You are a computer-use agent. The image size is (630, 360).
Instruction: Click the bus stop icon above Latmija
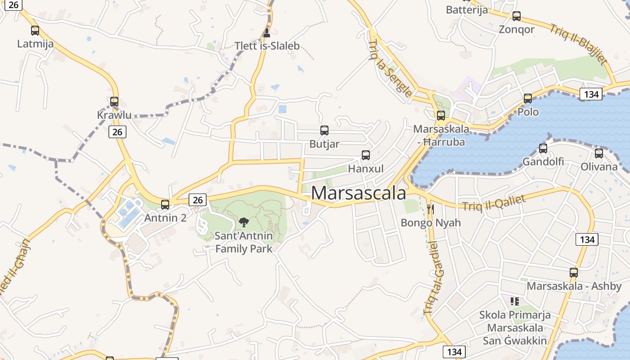pos(35,31)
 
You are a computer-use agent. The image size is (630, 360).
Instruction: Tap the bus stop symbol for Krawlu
pos(114,102)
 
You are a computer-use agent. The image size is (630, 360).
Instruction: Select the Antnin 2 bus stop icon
pos(165,205)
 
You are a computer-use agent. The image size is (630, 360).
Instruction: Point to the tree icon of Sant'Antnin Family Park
pos(243,222)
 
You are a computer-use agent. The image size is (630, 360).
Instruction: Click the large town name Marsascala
pos(358,193)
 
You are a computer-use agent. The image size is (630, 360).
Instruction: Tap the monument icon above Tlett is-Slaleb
pos(267,32)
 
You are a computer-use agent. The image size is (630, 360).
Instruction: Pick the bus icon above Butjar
pos(324,130)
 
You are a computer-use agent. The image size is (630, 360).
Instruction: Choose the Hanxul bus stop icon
pos(366,155)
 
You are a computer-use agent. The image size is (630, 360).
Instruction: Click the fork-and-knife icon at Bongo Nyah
pos(431,209)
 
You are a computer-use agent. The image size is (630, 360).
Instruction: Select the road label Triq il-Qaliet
pos(494,203)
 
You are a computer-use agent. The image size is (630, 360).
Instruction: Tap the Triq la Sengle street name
pos(389,68)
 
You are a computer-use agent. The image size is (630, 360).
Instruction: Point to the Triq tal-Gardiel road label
pos(431,278)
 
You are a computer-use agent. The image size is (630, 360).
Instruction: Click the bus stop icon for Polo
pos(528,98)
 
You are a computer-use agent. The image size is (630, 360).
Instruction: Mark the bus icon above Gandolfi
pos(543,148)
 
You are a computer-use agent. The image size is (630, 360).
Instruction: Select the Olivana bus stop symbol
pos(599,153)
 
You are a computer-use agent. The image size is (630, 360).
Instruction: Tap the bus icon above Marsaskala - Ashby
pos(574,272)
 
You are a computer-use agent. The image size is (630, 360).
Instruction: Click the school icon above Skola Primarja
pos(515,301)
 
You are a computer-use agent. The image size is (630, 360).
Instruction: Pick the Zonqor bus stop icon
pos(517,16)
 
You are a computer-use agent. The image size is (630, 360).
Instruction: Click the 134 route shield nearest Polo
pos(591,94)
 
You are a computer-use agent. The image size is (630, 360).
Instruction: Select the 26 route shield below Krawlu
pos(117,132)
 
